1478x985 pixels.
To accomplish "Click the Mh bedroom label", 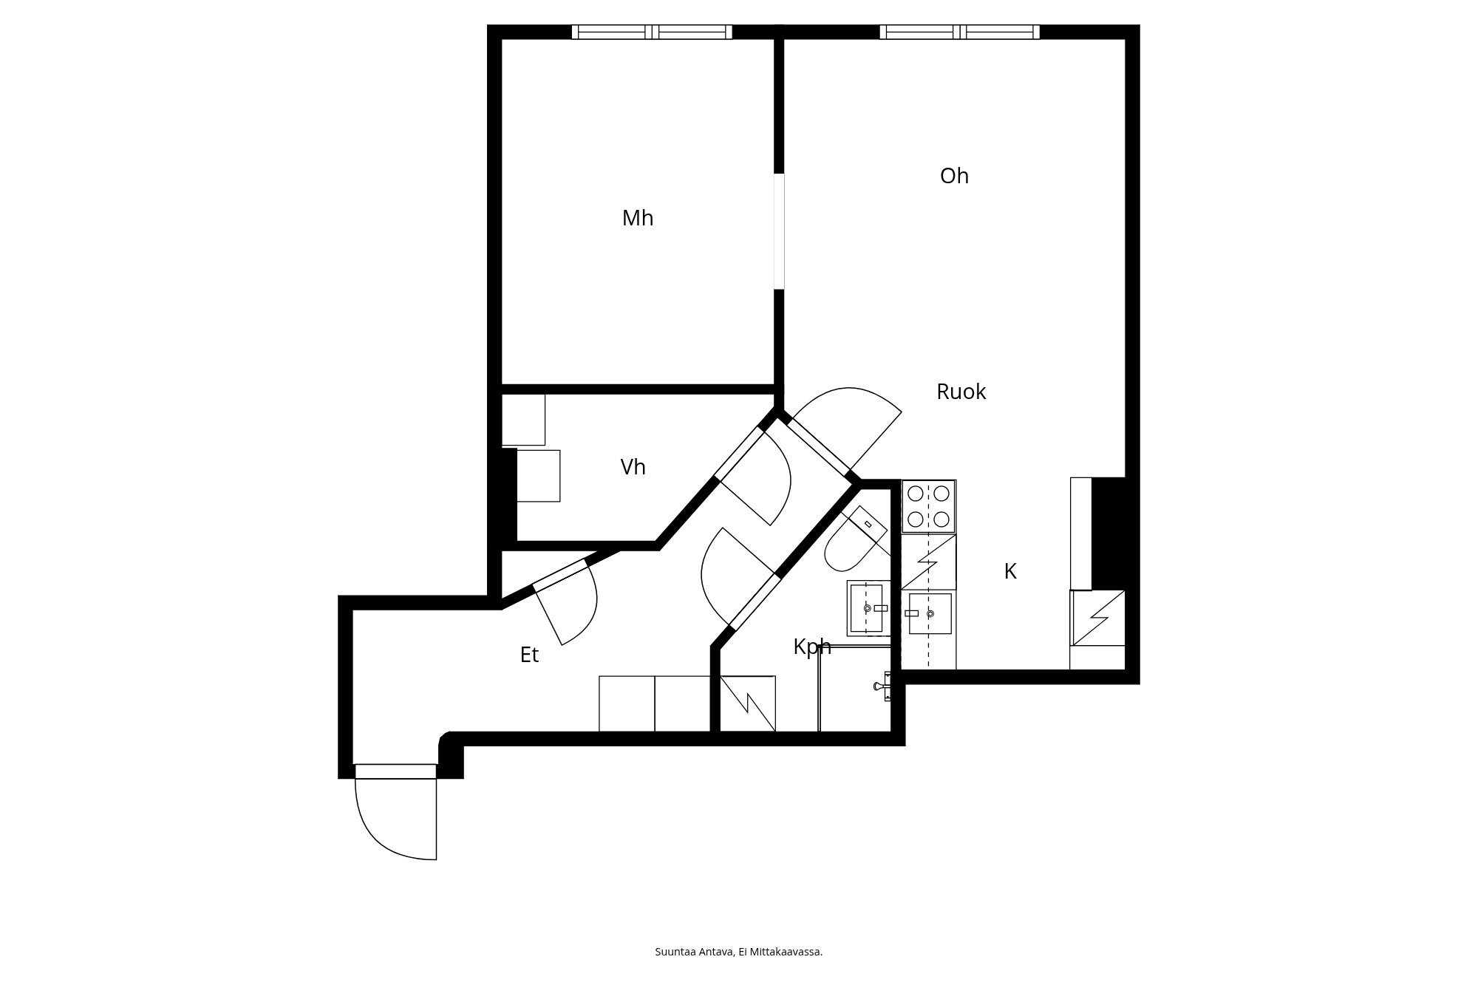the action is point(638,219).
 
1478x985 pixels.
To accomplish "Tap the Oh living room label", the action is point(954,176).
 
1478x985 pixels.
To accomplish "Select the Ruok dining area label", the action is point(961,392).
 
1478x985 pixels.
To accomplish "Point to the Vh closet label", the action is point(633,467).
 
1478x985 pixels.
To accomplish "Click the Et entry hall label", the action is point(529,655).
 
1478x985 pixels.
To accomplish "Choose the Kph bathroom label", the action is point(812,647).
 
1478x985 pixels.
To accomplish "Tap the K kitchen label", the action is point(1010,571).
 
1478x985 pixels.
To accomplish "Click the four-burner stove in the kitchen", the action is point(928,506).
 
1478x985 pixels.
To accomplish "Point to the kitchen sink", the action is point(930,613).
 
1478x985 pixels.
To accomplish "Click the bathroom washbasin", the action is point(868,608).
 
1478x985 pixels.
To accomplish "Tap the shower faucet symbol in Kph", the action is point(882,686).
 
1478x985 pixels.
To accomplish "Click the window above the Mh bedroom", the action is point(652,32).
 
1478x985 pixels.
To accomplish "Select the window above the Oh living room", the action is point(959,32).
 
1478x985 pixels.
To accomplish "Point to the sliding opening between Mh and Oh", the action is point(779,231).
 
